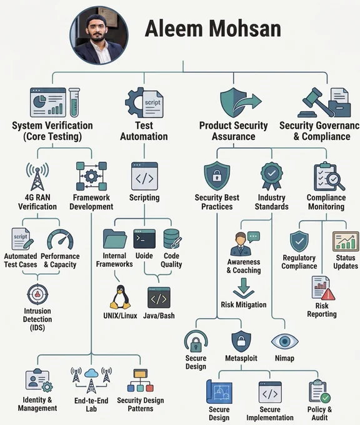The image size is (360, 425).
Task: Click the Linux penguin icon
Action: coord(120,297)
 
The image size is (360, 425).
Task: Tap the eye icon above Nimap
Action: coord(284,341)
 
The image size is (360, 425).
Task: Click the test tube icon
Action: coord(74,102)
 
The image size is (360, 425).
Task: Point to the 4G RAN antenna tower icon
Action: coord(37,176)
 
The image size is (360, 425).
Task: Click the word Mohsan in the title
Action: coord(245,29)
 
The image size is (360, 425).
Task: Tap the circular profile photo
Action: coord(99,35)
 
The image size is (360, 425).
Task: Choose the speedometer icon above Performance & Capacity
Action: coord(60,239)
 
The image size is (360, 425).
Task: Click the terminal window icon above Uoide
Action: coord(144,239)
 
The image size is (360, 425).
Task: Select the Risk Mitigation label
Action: coord(243,304)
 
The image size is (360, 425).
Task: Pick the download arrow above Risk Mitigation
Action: coord(243,288)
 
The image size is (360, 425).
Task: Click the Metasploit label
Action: coord(241,358)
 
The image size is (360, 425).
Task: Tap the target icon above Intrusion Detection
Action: coord(37,294)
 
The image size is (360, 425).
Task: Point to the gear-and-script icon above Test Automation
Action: coord(144,102)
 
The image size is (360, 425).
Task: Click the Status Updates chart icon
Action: coord(346,241)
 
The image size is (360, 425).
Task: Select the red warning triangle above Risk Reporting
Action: coord(327,294)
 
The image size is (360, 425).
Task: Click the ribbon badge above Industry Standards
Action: coord(272,176)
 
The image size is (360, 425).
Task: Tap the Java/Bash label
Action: coord(159,316)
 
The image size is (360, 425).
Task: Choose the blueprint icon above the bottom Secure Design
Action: coord(219,391)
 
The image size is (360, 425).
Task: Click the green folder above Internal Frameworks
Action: coord(114,239)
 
